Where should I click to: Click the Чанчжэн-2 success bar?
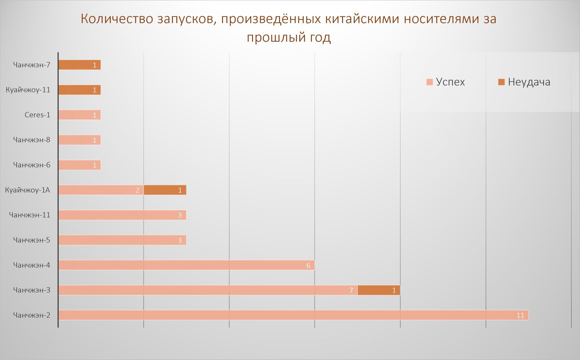pyautogui.click(x=293, y=315)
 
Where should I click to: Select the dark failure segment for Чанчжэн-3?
pyautogui.click(x=379, y=290)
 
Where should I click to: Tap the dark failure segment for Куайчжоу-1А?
pyautogui.click(x=165, y=190)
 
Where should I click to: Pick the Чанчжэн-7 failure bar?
pyautogui.click(x=79, y=65)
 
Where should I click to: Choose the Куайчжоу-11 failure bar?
pyautogui.click(x=79, y=90)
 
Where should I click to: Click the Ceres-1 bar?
pyautogui.click(x=79, y=115)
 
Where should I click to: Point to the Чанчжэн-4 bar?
pyautogui.click(x=186, y=265)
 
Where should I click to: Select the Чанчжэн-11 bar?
pyautogui.click(x=122, y=215)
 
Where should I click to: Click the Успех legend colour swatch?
pyautogui.click(x=430, y=82)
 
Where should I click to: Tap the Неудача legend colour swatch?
pyautogui.click(x=501, y=82)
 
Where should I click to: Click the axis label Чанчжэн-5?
pyautogui.click(x=32, y=240)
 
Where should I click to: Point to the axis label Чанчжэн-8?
pyautogui.click(x=32, y=140)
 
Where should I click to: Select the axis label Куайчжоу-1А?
pyautogui.click(x=28, y=190)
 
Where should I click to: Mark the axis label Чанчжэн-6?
pyautogui.click(x=32, y=165)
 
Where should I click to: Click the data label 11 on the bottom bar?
pyautogui.click(x=520, y=315)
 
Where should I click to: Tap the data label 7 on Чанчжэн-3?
pyautogui.click(x=351, y=290)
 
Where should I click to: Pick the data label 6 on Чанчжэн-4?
pyautogui.click(x=308, y=265)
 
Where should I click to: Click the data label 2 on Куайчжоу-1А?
pyautogui.click(x=137, y=190)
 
